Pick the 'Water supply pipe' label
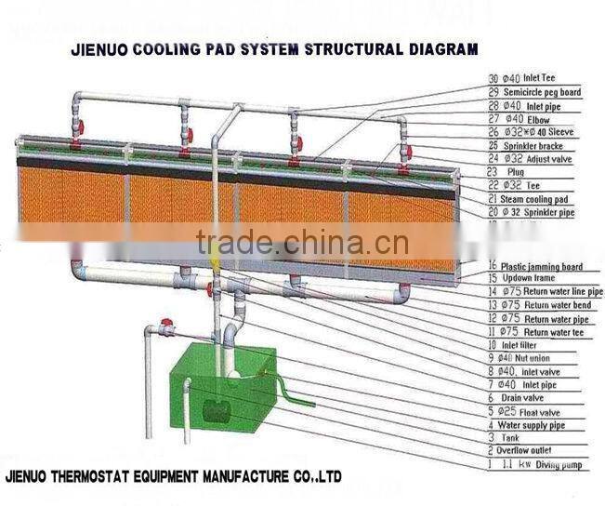pyautogui.click(x=545, y=424)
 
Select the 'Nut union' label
pyautogui.click(x=533, y=357)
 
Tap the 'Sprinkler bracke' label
pyautogui.click(x=539, y=146)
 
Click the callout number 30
pyautogui.click(x=493, y=80)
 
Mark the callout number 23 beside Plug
pyautogui.click(x=493, y=173)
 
